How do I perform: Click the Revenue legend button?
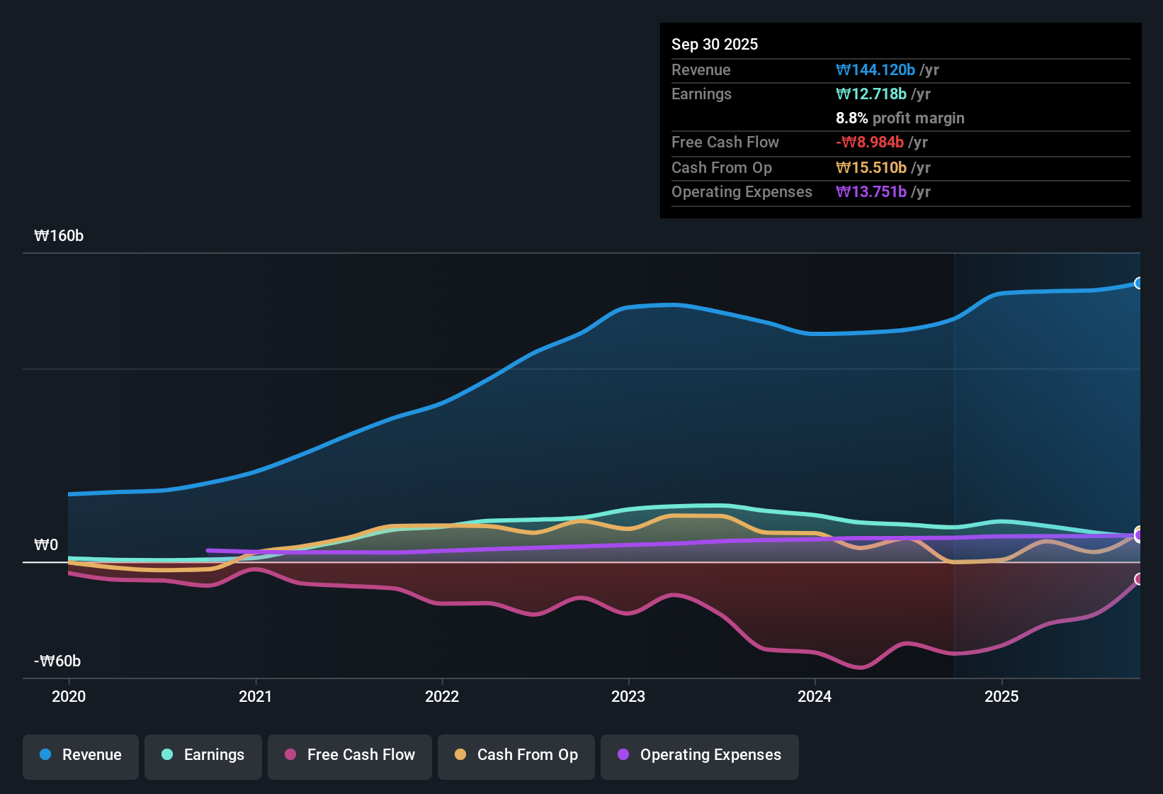pos(81,755)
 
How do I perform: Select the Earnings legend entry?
pos(203,755)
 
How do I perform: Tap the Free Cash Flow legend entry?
pos(350,755)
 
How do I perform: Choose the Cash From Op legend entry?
pos(516,755)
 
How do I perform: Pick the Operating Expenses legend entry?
pos(700,755)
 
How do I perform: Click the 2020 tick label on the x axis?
pos(69,696)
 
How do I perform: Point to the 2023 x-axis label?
pos(628,696)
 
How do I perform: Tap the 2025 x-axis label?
pos(1002,696)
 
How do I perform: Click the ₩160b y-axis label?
pos(59,236)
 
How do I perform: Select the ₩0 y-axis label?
pos(46,545)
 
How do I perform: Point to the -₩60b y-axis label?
pos(57,661)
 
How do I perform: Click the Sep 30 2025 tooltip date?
pos(715,44)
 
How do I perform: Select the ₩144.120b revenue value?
pos(875,69)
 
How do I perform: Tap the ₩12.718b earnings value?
pos(871,94)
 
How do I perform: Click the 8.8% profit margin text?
pos(900,118)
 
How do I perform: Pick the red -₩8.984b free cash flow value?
pos(870,142)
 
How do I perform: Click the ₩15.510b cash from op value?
pos(871,167)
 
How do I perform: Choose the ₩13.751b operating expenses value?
pos(871,191)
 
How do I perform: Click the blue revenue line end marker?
pos(1138,284)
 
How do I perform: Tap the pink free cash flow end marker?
pos(1138,579)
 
